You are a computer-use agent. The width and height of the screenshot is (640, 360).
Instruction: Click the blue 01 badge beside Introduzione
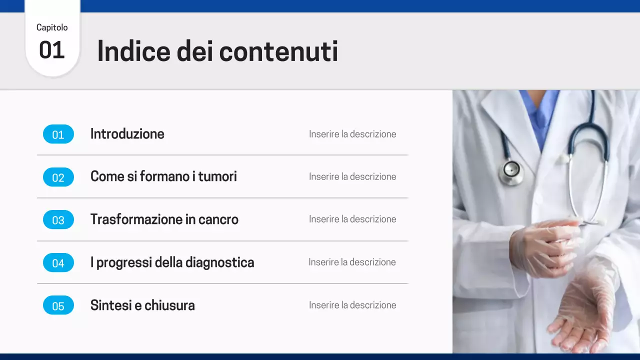pos(58,134)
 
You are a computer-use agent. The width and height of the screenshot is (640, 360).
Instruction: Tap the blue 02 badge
pos(58,177)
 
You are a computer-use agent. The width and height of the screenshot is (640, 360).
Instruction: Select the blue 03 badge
pos(58,220)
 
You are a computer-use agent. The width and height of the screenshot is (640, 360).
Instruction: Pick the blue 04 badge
pos(58,263)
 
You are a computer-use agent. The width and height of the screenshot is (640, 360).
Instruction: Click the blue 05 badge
pos(58,305)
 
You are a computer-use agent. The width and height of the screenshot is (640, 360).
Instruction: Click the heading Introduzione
pos(127,134)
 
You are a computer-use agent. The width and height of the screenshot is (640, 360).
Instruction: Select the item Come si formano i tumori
pos(163,176)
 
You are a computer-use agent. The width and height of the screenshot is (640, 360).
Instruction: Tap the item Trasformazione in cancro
pos(164,219)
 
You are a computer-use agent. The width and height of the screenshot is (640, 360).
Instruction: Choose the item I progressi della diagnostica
pos(172,262)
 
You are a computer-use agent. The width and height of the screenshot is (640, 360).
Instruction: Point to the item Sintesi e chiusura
pos(142,305)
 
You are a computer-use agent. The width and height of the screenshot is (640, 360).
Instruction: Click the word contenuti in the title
pos(278,51)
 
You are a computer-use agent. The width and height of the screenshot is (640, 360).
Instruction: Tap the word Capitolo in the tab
pos(52,27)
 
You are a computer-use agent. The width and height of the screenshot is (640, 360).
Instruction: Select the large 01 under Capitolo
pos(52,50)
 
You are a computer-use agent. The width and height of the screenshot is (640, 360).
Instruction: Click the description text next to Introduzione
pos(352,134)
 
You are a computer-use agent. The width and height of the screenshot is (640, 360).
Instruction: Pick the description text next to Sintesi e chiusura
pos(352,305)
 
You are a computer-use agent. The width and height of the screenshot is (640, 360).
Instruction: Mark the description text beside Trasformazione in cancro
pos(352,219)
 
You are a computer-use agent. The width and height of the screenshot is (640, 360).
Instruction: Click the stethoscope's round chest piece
pos(511,170)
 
